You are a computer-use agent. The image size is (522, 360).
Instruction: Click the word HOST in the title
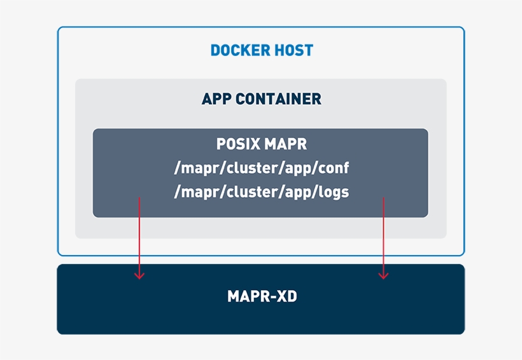pyautogui.click(x=293, y=50)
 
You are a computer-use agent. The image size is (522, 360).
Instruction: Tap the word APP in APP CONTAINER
pyautogui.click(x=216, y=99)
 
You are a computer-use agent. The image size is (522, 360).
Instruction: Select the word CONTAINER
pyautogui.click(x=278, y=99)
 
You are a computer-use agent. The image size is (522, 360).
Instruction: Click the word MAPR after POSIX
pyautogui.click(x=286, y=144)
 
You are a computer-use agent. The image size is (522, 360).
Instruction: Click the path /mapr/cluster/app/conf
pyautogui.click(x=261, y=169)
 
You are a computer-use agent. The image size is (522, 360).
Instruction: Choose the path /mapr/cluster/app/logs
pyautogui.click(x=261, y=192)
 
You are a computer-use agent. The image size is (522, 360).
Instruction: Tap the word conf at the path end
pyautogui.click(x=334, y=169)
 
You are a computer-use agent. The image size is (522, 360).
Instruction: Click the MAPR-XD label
pyautogui.click(x=262, y=296)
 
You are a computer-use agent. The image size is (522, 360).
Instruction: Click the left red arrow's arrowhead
pyautogui.click(x=139, y=275)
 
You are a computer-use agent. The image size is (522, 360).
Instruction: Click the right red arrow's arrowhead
pyautogui.click(x=383, y=275)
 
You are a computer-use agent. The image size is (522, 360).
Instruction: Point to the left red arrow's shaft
pyautogui.click(x=139, y=235)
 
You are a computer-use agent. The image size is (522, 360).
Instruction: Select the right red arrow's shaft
pyautogui.click(x=383, y=235)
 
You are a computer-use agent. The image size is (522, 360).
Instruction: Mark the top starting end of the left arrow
pyautogui.click(x=139, y=198)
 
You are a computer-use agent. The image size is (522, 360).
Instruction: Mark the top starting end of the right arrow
pyautogui.click(x=383, y=198)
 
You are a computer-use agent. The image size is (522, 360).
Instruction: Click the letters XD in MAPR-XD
pyautogui.click(x=287, y=296)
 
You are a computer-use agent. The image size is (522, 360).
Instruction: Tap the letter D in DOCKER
pyautogui.click(x=216, y=50)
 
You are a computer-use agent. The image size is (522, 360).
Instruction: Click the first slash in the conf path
pyautogui.click(x=177, y=169)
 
